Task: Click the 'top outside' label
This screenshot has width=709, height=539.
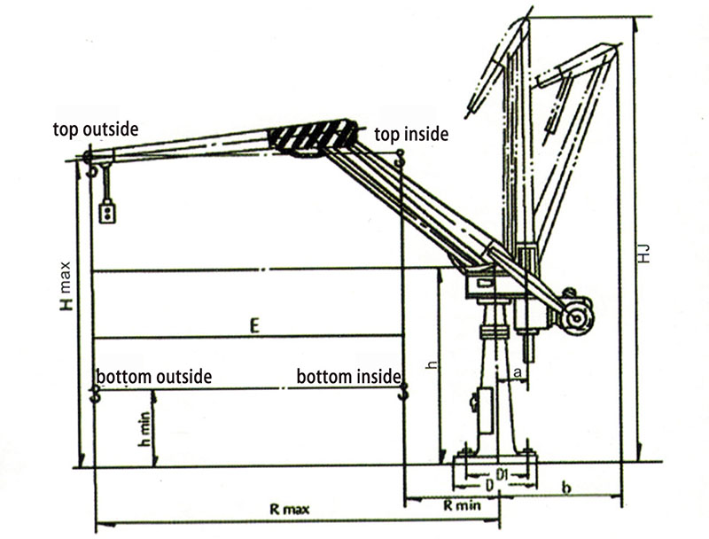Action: tap(96, 129)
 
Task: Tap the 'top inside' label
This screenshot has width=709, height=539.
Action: tap(411, 134)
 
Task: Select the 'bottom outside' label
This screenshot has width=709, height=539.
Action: tap(154, 377)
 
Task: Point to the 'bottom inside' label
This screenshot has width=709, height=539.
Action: tap(348, 377)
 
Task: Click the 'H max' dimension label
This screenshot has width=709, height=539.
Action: tap(66, 285)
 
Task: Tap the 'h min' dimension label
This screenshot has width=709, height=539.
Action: tap(144, 429)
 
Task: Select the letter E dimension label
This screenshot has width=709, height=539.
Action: tap(254, 325)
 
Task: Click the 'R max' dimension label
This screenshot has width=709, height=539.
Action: tap(290, 510)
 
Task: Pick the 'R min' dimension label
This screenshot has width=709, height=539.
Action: tap(462, 504)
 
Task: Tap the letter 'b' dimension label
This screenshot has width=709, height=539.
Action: tap(566, 488)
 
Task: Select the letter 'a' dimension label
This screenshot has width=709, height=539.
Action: tap(518, 372)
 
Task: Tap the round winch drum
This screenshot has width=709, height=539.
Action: tap(577, 318)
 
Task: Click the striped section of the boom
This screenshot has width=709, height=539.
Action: tap(313, 137)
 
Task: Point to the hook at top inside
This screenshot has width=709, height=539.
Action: tap(400, 158)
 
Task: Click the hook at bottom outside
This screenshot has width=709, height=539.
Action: tap(95, 394)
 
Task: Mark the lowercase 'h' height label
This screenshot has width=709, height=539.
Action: tap(432, 364)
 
